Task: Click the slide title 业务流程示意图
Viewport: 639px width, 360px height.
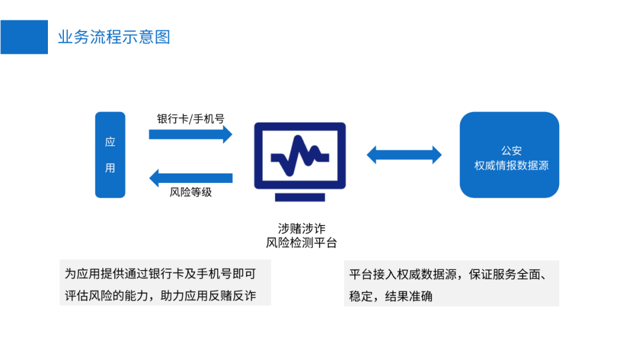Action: (114, 37)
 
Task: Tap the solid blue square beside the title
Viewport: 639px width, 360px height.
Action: (24, 37)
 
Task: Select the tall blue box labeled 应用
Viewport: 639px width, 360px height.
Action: (110, 155)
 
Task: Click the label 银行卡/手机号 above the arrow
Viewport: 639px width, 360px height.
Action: (191, 118)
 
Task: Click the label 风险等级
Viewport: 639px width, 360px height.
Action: (191, 192)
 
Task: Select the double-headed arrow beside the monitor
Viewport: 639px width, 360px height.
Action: (404, 155)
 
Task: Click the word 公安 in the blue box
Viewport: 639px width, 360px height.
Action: (511, 151)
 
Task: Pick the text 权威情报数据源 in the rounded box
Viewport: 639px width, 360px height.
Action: (511, 166)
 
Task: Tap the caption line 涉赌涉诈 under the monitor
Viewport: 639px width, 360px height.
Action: (301, 229)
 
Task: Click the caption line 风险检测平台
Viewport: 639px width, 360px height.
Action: (301, 243)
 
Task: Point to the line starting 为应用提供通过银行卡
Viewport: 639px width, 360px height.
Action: (160, 274)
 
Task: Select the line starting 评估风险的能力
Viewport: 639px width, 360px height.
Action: (160, 295)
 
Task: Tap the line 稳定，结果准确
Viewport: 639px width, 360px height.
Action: (390, 295)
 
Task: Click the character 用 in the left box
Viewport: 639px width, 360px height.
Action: (110, 168)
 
